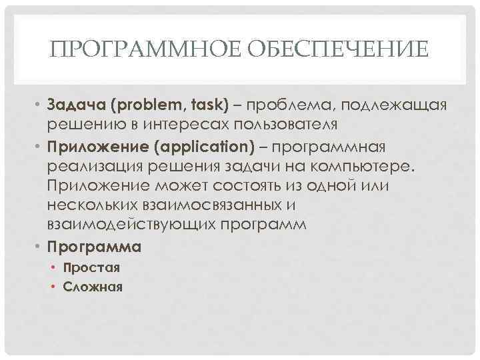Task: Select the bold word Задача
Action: [76, 105]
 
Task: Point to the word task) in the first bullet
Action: [207, 105]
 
